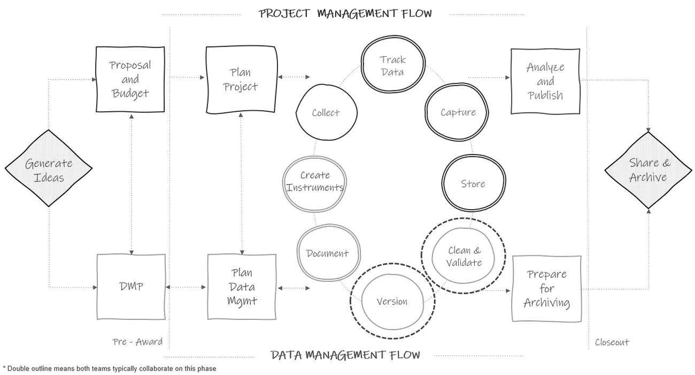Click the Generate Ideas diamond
click(x=49, y=169)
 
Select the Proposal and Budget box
click(x=130, y=79)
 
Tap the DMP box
click(x=131, y=287)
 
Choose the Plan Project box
click(x=241, y=80)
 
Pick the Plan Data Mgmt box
click(x=242, y=287)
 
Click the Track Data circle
click(x=392, y=65)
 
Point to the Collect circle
click(x=326, y=113)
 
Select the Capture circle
click(x=458, y=112)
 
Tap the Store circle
click(x=473, y=183)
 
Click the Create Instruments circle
click(x=315, y=181)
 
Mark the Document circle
click(x=327, y=254)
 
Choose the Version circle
click(x=392, y=301)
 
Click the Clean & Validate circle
click(x=464, y=256)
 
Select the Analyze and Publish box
click(x=545, y=81)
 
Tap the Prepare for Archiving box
click(x=546, y=288)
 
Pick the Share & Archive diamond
click(x=648, y=170)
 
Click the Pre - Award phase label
click(x=137, y=342)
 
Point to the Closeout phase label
click(x=612, y=342)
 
